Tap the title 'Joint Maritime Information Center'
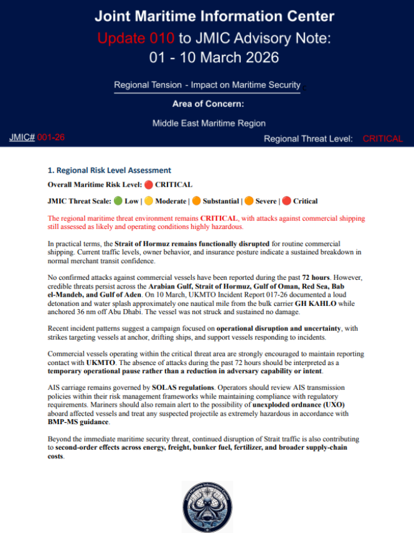click(x=207, y=16)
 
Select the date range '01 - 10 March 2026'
click(x=207, y=58)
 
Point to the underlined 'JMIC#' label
click(x=22, y=137)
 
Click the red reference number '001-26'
click(x=51, y=137)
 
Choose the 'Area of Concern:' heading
click(x=207, y=103)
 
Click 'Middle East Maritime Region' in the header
click(x=207, y=123)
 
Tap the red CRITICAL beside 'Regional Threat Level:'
click(x=382, y=139)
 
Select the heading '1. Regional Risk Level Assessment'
click(x=109, y=170)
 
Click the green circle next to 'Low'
click(x=118, y=201)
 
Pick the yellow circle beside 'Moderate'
click(x=149, y=201)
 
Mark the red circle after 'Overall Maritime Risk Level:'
click(x=148, y=185)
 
